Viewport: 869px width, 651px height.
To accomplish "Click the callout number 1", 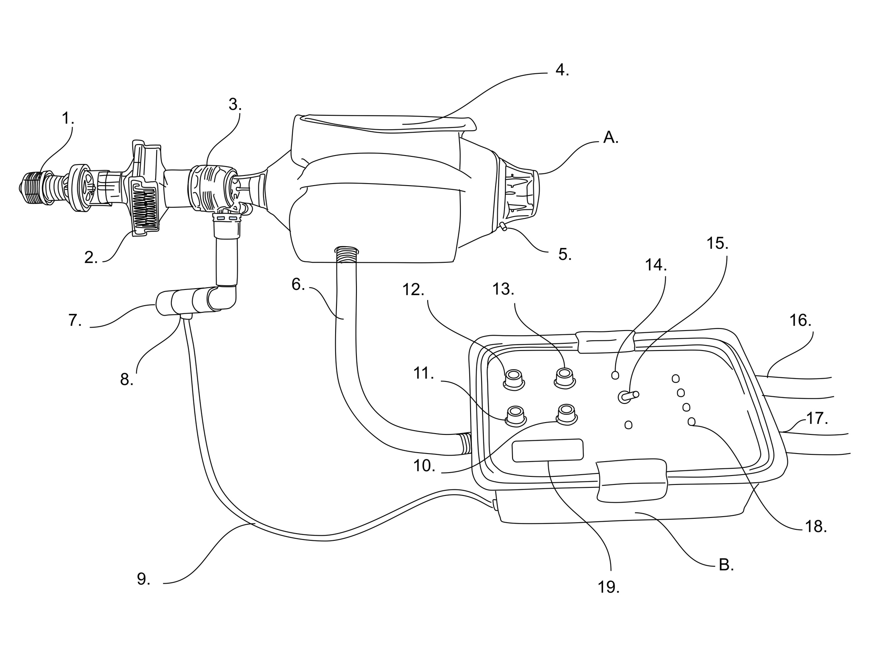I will point(67,118).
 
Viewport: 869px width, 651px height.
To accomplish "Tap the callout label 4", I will point(561,70).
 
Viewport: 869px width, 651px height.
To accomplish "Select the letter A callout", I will point(610,137).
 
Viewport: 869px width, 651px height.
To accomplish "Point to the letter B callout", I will point(726,565).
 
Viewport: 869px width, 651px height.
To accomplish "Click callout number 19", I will point(608,587).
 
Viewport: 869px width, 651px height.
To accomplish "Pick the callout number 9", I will point(143,579).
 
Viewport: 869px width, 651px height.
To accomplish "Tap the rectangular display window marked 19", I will point(547,451).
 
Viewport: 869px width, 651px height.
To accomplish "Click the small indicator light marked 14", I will point(615,375).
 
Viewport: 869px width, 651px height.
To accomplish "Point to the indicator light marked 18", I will point(691,421).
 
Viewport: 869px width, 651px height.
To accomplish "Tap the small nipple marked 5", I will point(503,227).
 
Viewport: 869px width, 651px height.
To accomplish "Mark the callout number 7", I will point(75,320).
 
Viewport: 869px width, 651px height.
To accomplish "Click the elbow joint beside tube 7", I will point(224,297).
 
